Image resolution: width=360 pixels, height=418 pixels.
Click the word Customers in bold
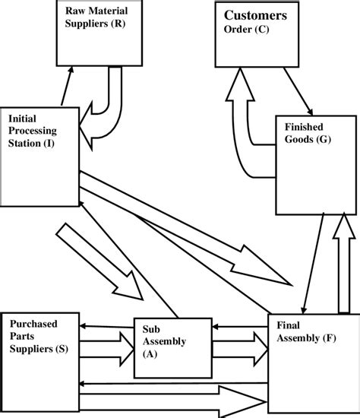tap(254, 15)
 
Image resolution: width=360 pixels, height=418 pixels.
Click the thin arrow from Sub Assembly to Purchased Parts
tap(106, 326)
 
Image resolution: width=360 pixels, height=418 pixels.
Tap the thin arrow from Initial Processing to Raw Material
tap(66, 85)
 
